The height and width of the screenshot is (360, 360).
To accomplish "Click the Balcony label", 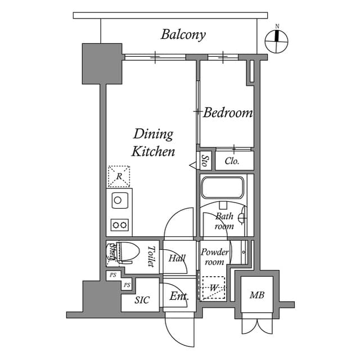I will click(183, 34).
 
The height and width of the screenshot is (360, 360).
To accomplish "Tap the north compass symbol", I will click(277, 38).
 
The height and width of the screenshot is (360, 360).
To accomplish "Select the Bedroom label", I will click(228, 113).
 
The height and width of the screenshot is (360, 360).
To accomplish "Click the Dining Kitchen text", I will click(153, 143).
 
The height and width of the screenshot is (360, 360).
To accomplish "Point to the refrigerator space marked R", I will click(119, 177).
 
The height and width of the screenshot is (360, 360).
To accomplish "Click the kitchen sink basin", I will click(118, 200).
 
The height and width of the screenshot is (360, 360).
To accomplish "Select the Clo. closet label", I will click(232, 161).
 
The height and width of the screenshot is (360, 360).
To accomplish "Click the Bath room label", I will click(224, 221).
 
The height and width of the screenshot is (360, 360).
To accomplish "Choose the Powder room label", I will click(214, 257).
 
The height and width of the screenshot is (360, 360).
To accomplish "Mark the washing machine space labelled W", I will click(213, 288).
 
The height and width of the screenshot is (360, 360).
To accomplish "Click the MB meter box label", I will click(257, 295).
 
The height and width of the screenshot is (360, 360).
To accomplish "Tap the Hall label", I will click(177, 258).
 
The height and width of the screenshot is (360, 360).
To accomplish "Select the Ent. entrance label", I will click(179, 296).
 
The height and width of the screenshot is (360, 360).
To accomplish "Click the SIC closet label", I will click(142, 300).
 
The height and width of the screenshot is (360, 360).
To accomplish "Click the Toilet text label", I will click(151, 256).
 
